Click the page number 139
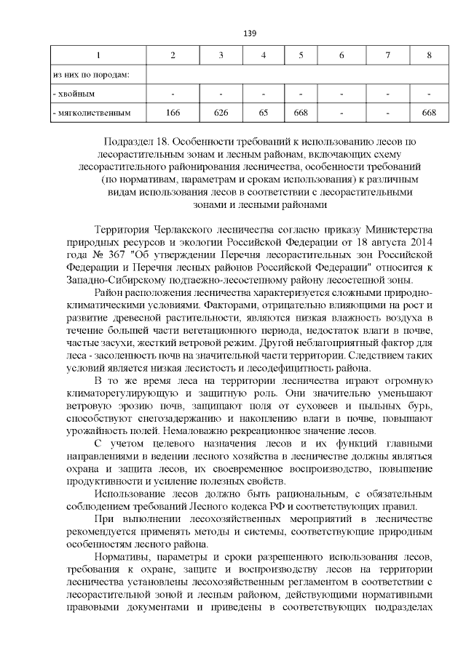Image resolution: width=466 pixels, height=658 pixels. tap(249, 33)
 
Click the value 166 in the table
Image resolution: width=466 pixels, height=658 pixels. tap(173, 113)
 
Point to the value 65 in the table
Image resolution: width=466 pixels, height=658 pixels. tap(264, 113)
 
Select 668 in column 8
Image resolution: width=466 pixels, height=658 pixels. tap(429, 113)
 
